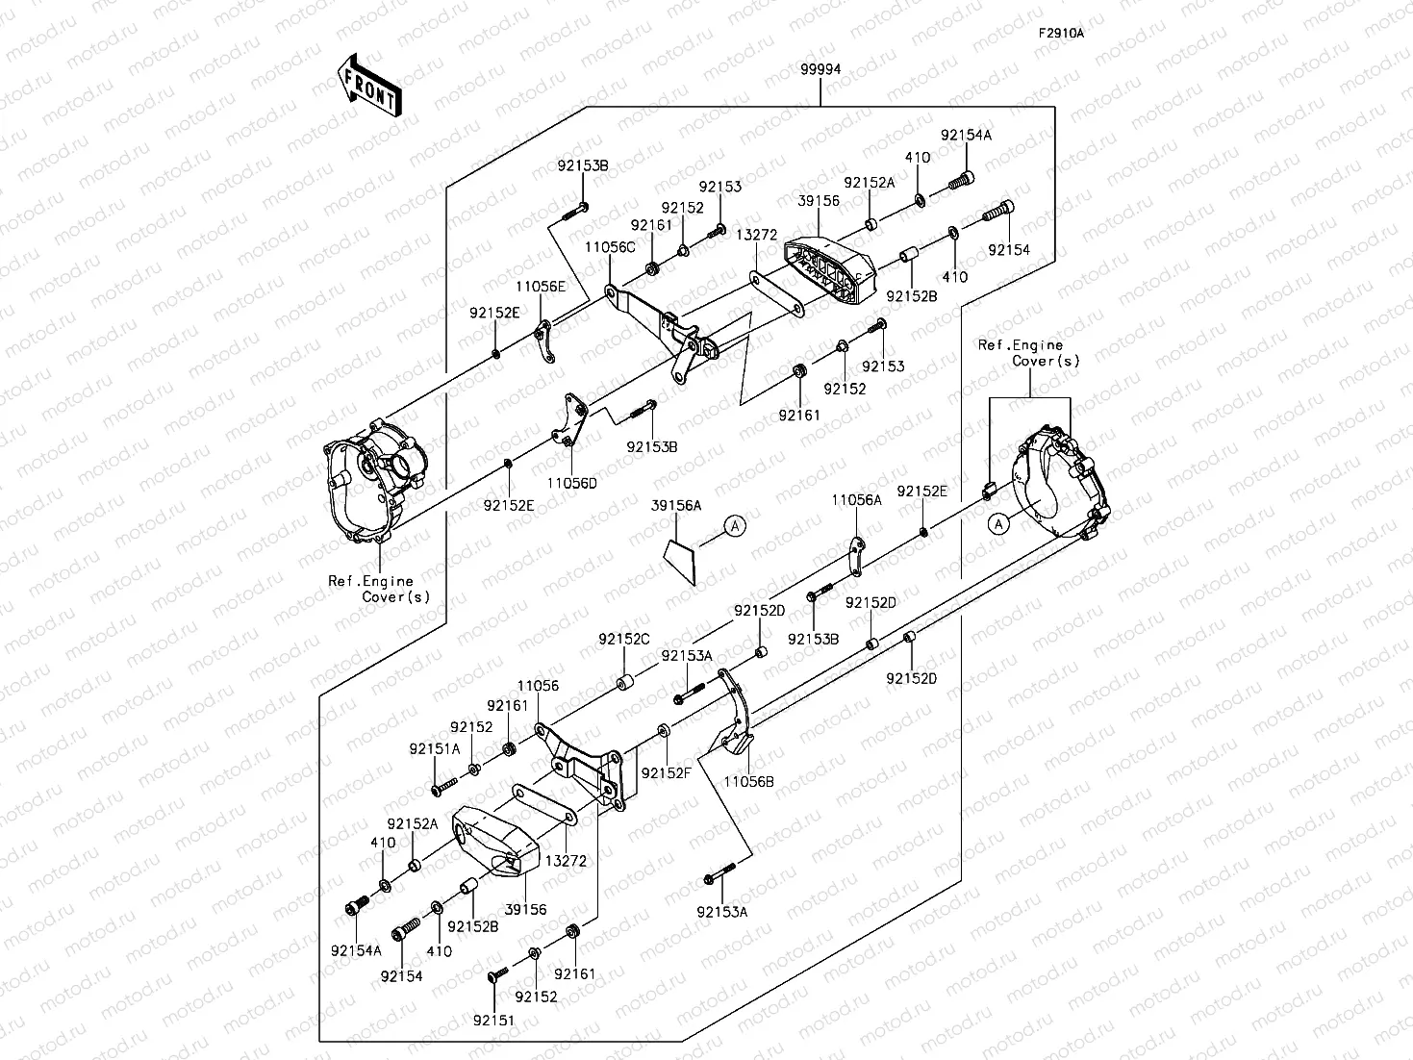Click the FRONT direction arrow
click(368, 88)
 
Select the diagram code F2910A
click(1060, 33)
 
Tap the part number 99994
click(820, 69)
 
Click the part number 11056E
click(540, 287)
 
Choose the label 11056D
click(572, 484)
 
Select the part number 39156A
click(676, 505)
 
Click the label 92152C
click(624, 640)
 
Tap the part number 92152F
click(667, 773)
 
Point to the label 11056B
click(748, 782)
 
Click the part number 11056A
click(856, 500)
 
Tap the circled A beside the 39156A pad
click(734, 525)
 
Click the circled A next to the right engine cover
click(999, 523)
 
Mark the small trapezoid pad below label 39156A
click(681, 561)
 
